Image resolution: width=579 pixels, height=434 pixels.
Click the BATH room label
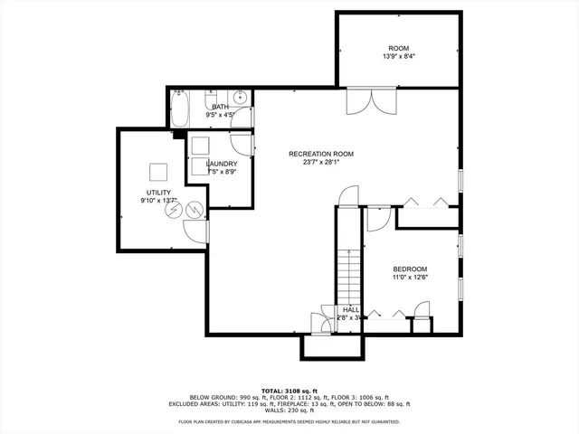pyautogui.click(x=221, y=107)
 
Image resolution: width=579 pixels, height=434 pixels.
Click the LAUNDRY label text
pyautogui.click(x=222, y=164)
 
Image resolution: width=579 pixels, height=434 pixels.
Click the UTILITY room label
pyautogui.click(x=158, y=192)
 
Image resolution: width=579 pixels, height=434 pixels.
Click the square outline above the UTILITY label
pyautogui.click(x=159, y=172)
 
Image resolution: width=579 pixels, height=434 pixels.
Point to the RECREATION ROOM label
pyautogui.click(x=321, y=155)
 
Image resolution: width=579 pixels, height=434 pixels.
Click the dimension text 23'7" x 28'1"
pyautogui.click(x=321, y=164)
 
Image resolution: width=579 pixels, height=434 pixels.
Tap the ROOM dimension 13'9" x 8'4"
pyautogui.click(x=400, y=56)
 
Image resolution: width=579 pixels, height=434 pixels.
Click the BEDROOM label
pyautogui.click(x=410, y=269)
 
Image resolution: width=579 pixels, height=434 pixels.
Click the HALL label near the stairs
pyautogui.click(x=350, y=309)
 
